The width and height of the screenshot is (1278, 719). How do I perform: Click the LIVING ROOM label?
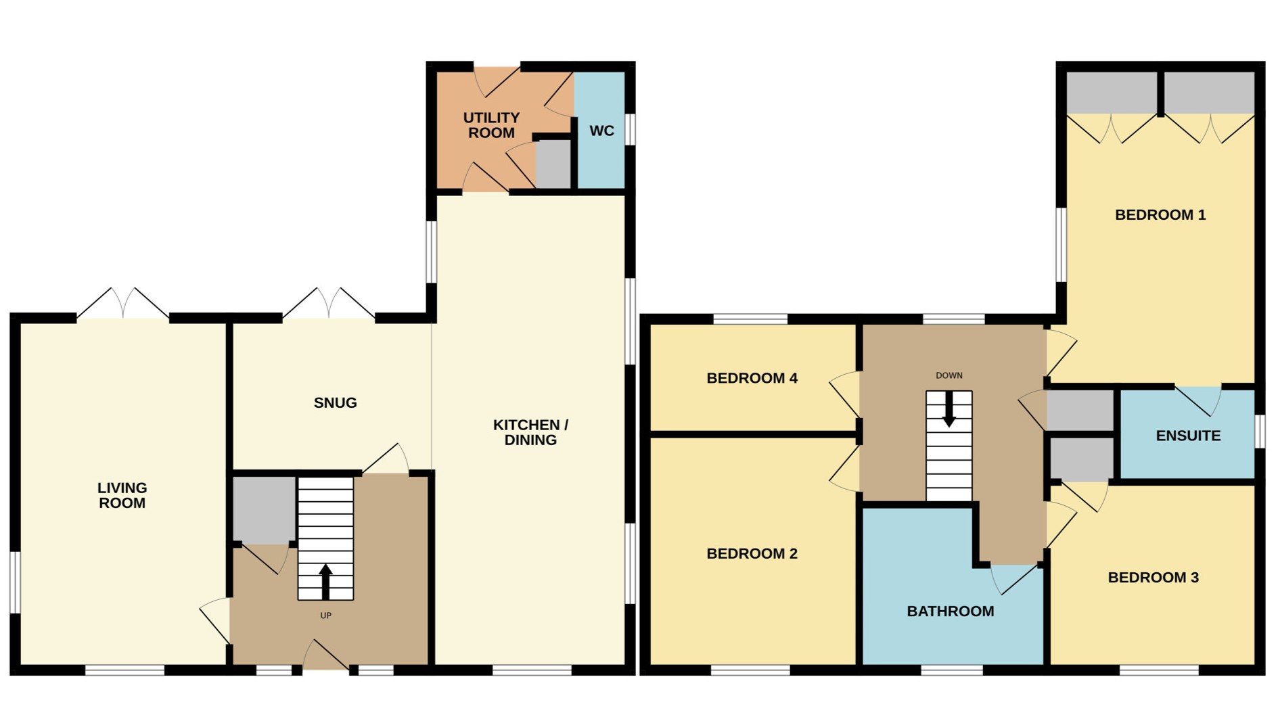click(x=122, y=495)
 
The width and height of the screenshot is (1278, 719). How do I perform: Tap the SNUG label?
click(x=335, y=403)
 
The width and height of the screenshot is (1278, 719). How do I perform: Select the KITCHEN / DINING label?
click(x=530, y=432)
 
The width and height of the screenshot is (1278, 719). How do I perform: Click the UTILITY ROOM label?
click(x=491, y=125)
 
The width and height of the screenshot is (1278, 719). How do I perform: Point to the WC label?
click(x=601, y=131)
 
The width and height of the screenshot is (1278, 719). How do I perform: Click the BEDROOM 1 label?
click(x=1160, y=215)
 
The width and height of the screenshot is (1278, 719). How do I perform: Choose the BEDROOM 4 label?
click(x=752, y=378)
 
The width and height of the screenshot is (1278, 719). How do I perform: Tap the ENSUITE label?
click(x=1188, y=436)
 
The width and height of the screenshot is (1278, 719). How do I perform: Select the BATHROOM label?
click(x=950, y=611)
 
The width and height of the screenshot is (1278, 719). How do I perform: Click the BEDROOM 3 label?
click(x=1153, y=578)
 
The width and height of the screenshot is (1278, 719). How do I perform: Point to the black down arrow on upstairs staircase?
click(x=949, y=410)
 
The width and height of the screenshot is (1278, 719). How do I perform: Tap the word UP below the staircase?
click(x=325, y=616)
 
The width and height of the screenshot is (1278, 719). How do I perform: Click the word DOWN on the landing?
click(x=949, y=375)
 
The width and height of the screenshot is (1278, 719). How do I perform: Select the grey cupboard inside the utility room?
click(x=553, y=164)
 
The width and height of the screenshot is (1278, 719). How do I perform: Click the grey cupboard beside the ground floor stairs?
click(x=264, y=509)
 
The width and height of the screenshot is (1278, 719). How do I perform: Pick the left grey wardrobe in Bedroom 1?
click(x=1111, y=92)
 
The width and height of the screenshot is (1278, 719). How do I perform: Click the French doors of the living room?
click(x=122, y=304)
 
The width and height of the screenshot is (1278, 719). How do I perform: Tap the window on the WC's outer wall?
click(x=630, y=129)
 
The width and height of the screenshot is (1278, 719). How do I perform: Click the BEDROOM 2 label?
click(x=752, y=554)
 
